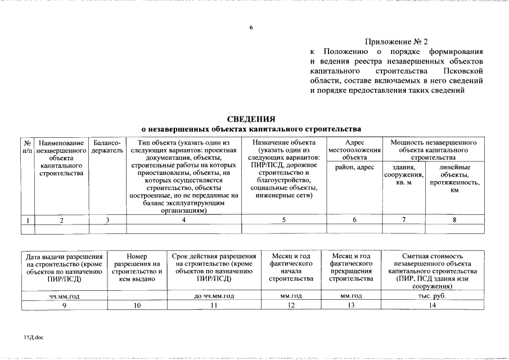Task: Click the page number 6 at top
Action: pos(251,28)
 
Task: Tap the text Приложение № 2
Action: pos(397,42)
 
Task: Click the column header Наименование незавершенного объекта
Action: pos(61,158)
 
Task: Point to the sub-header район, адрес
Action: pos(354,168)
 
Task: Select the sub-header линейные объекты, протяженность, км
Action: pos(454,179)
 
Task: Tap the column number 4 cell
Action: pos(183,220)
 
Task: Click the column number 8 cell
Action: pos(454,220)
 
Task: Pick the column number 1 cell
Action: pos(28,220)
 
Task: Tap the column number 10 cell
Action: pos(136,305)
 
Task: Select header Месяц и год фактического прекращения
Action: pos(351,267)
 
